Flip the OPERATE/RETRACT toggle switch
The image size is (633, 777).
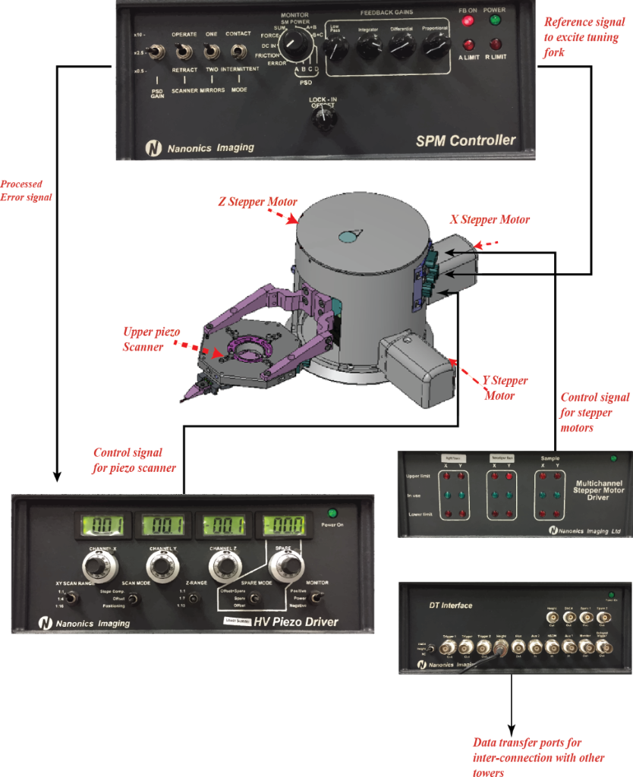[183, 52]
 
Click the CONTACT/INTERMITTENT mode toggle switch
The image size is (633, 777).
[238, 52]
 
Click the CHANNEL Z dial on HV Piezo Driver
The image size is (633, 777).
[221, 565]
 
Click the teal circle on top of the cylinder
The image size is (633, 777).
[347, 237]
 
